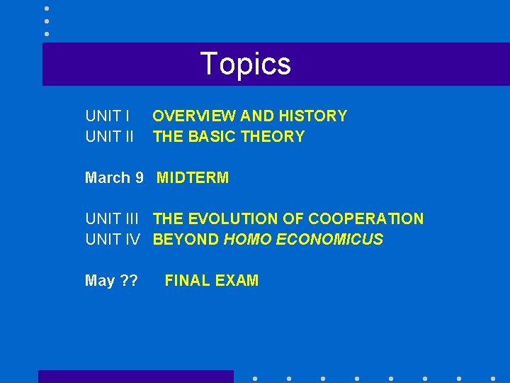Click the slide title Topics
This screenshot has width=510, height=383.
click(246, 64)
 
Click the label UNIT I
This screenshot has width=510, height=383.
click(107, 116)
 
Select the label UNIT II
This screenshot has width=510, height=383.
click(109, 137)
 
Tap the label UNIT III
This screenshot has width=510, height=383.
click(112, 219)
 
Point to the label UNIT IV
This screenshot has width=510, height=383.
click(112, 240)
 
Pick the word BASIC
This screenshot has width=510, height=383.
click(211, 137)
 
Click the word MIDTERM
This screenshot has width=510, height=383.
click(193, 178)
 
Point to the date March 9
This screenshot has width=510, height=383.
click(114, 178)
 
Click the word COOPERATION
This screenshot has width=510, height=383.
click(366, 219)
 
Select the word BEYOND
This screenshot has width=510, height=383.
click(186, 240)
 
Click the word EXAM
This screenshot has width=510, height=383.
click(237, 281)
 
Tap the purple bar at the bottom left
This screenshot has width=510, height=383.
click(135, 377)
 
